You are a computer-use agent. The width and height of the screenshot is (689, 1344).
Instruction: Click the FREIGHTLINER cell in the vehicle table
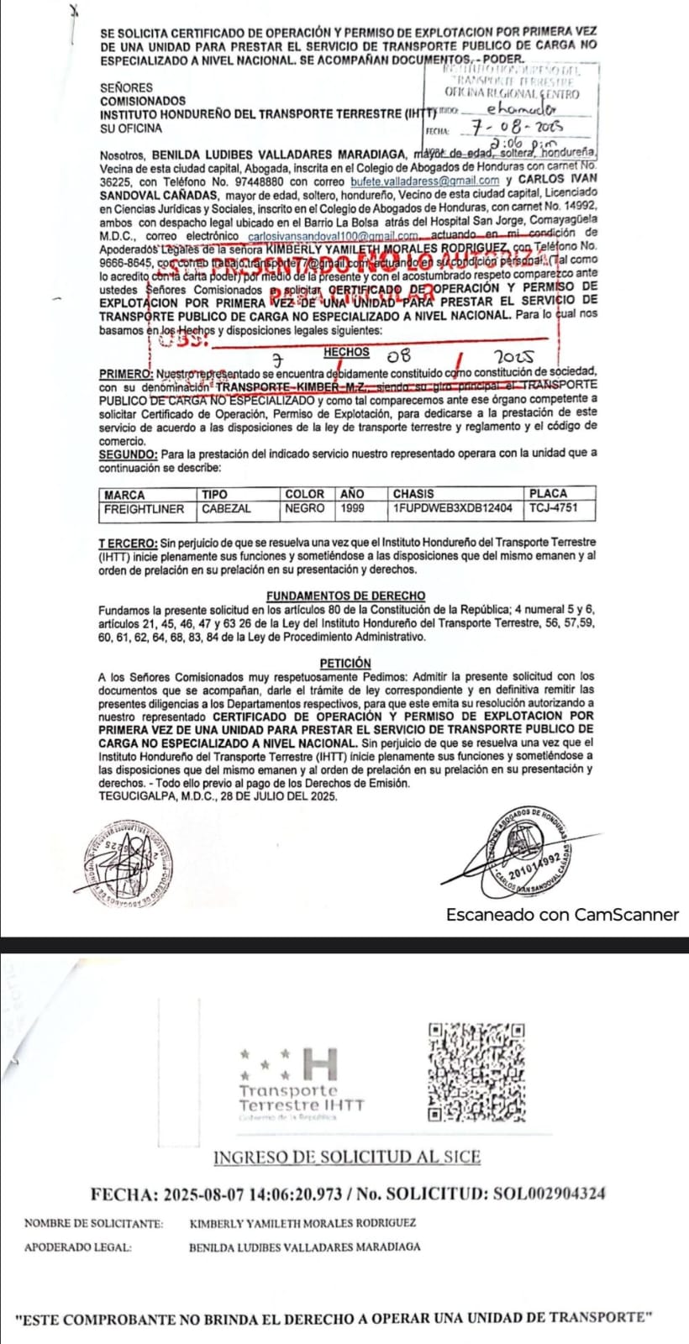coord(143,508)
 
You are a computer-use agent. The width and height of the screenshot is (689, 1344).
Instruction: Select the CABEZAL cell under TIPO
coord(226,508)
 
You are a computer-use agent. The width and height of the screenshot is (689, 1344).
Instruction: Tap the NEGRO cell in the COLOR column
coord(304,508)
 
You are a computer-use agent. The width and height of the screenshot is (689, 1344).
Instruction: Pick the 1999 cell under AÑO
coord(352,508)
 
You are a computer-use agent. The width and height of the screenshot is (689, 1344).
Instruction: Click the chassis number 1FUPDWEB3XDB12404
coord(451,508)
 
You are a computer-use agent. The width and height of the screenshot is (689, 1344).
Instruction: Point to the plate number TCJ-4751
coord(554,508)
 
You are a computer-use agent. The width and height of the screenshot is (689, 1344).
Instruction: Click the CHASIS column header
coord(413,494)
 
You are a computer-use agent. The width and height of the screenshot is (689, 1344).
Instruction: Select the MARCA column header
coord(124,494)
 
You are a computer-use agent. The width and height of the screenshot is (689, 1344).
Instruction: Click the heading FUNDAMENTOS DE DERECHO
coord(345,596)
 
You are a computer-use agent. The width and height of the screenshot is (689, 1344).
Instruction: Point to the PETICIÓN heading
coord(345,663)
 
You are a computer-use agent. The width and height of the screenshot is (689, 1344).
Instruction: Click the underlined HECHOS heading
coord(345,353)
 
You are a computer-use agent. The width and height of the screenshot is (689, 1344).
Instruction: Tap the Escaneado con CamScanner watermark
coord(561,915)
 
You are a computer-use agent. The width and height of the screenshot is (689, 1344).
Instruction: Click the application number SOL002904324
coord(550,1194)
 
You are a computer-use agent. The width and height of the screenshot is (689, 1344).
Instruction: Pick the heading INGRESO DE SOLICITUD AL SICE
coord(347,1157)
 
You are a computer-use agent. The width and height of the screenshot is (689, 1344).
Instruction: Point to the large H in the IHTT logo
coord(321,1063)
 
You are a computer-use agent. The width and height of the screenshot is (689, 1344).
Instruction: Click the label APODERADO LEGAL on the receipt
coord(78,1247)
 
